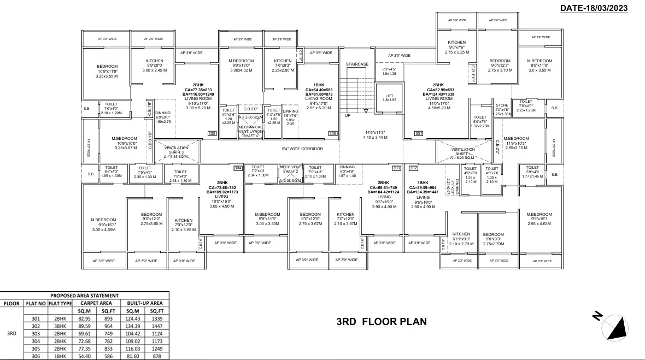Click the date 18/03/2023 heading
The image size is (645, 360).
click(x=594, y=8)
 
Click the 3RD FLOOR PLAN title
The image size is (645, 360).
click(x=381, y=322)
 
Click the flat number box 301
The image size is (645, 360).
click(x=419, y=133)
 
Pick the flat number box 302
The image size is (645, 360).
click(x=414, y=168)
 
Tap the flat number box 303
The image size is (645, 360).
click(x=396, y=168)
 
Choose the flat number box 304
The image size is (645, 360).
click(x=238, y=168)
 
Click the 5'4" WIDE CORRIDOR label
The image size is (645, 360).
click(x=302, y=149)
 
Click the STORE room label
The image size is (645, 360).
click(x=502, y=105)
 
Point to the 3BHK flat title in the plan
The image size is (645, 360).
click(x=423, y=182)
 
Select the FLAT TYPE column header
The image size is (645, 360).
click(x=60, y=303)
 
